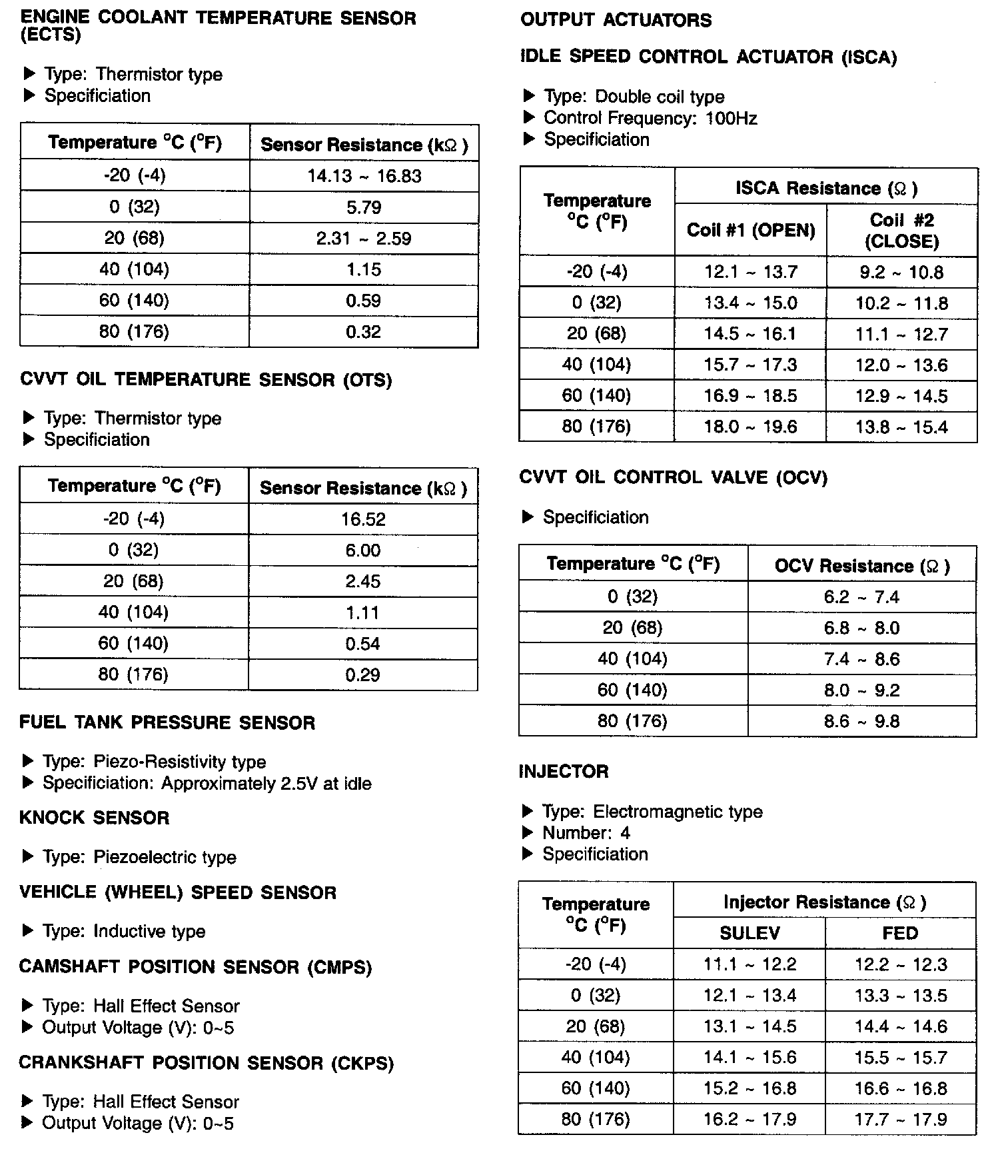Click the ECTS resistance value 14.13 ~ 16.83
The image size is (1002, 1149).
(364, 176)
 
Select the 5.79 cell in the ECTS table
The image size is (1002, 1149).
(364, 207)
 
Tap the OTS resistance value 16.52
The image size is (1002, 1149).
(363, 519)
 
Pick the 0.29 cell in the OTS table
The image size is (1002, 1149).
(363, 675)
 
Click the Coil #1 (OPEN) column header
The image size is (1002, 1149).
(751, 231)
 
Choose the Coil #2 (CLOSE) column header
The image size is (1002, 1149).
(902, 231)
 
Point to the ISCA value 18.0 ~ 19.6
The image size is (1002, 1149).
(751, 427)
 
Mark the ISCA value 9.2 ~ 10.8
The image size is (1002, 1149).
(902, 272)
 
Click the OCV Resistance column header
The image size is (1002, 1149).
(862, 566)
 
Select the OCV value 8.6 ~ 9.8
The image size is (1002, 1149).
(862, 721)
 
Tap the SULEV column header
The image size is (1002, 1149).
(750, 933)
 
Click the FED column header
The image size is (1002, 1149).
(901, 933)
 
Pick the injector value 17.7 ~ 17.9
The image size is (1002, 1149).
(901, 1120)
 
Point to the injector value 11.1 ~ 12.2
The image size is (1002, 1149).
(750, 964)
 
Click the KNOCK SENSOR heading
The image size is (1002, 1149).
(95, 818)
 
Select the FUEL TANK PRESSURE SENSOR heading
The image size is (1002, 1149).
(167, 723)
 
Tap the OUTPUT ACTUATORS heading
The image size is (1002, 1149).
(616, 20)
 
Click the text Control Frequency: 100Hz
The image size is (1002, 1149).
(650, 118)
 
